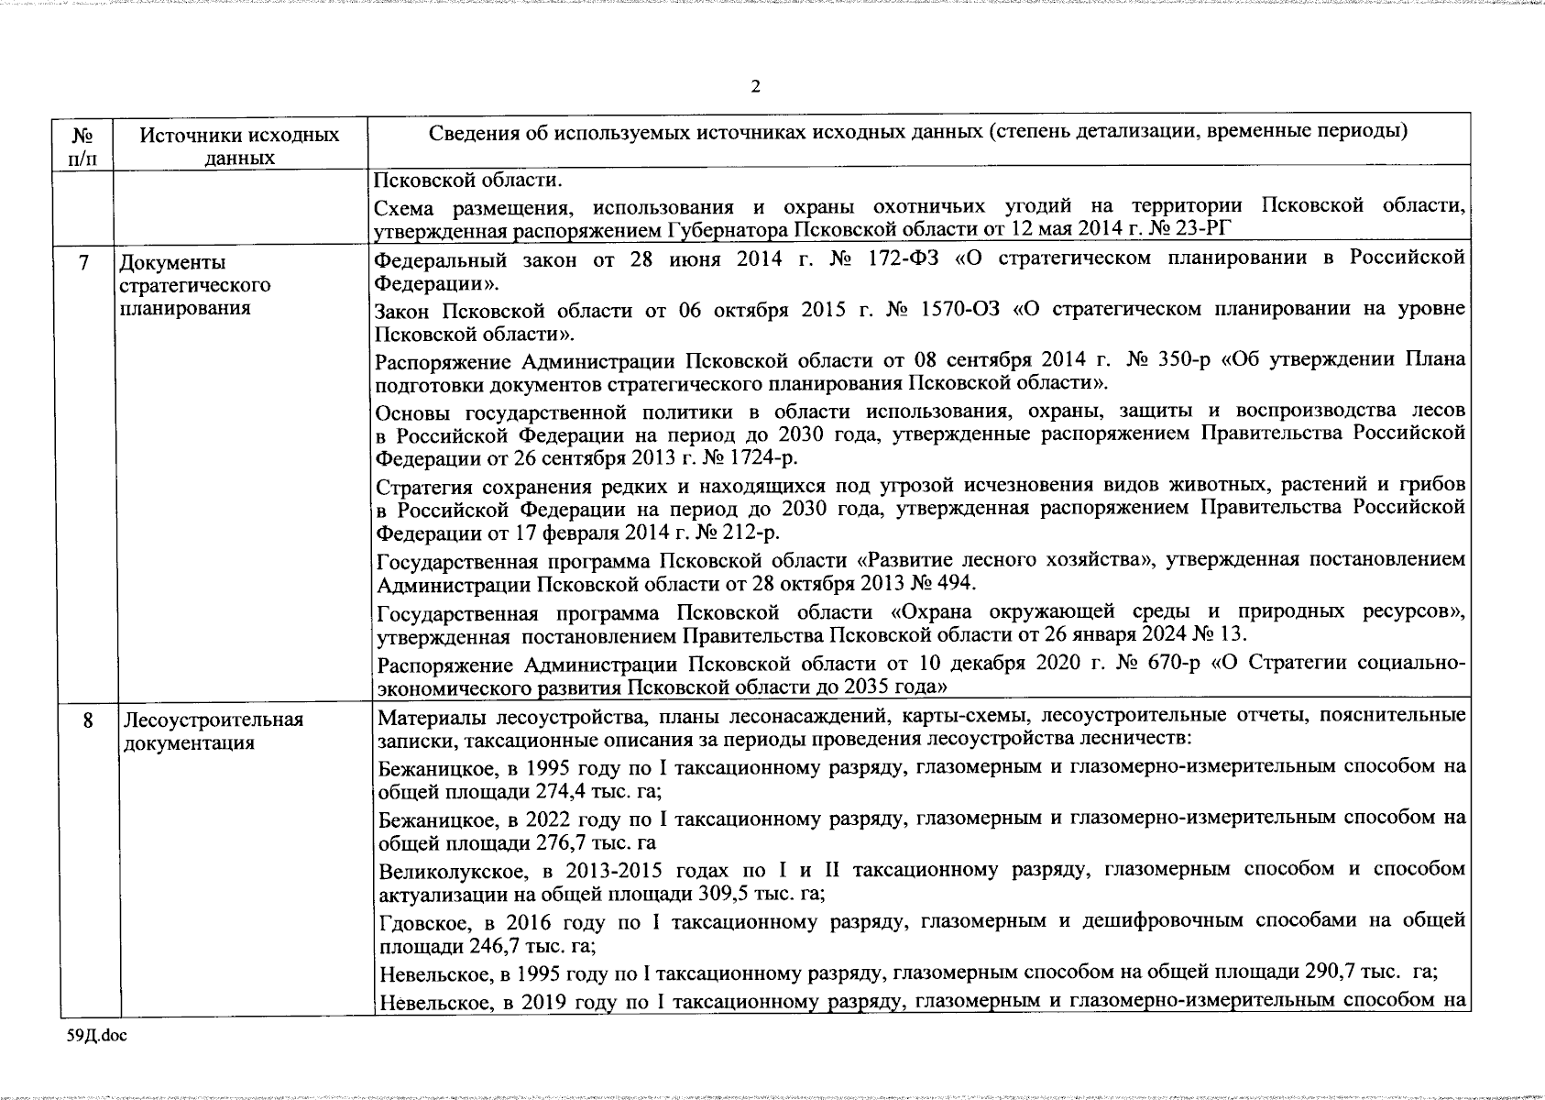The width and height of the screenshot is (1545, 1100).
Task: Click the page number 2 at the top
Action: [755, 87]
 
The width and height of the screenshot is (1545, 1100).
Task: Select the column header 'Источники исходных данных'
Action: [240, 146]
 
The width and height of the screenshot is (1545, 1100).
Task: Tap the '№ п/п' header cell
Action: [84, 146]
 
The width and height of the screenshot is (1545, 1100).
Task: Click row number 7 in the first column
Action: [84, 263]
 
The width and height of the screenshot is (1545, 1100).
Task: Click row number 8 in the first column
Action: [88, 720]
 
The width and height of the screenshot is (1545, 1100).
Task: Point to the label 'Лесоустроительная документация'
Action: [212, 731]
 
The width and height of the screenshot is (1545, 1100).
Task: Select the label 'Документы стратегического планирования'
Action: [195, 285]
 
